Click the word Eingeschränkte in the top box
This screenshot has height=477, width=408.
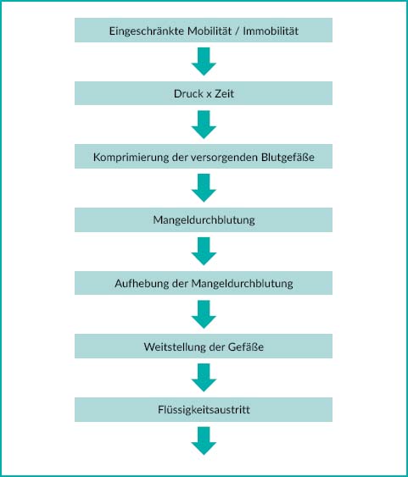147,31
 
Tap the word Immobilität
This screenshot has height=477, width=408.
271,31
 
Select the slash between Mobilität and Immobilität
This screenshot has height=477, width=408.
238,31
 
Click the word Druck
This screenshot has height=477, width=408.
188,93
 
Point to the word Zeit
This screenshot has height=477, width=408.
225,93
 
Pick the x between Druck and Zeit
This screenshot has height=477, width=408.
209,94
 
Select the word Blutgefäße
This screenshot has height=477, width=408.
288,157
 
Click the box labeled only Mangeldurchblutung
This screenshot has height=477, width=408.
204,219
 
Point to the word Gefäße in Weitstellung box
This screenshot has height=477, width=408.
245,347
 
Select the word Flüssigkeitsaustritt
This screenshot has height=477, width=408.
204,409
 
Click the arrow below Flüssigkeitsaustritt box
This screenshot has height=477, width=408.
204,441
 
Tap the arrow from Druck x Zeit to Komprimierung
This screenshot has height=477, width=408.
204,125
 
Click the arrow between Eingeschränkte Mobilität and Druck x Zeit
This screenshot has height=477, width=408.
204,62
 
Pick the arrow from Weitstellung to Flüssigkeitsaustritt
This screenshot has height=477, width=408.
204,378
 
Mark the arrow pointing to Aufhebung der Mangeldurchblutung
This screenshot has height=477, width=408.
204,252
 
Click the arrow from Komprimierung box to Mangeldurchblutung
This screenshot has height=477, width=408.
204,188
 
